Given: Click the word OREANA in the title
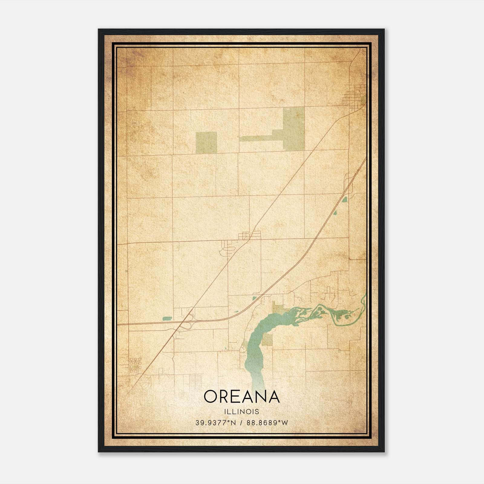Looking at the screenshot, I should coord(241,397).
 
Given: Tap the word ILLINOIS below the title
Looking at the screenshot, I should coord(241,412).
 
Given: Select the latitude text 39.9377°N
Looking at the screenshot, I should coord(216,423).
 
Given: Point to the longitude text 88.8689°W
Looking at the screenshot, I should coord(267,423).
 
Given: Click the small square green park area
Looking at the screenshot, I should coord(206,142).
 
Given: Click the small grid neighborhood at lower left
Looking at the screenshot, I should coord(135,364).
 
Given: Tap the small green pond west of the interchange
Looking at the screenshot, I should coord(167,319).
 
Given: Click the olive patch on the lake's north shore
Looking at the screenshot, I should coord(277,307).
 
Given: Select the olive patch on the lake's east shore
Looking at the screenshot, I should coord(267,340).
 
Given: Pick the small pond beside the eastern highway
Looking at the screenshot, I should coord(344,199).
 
